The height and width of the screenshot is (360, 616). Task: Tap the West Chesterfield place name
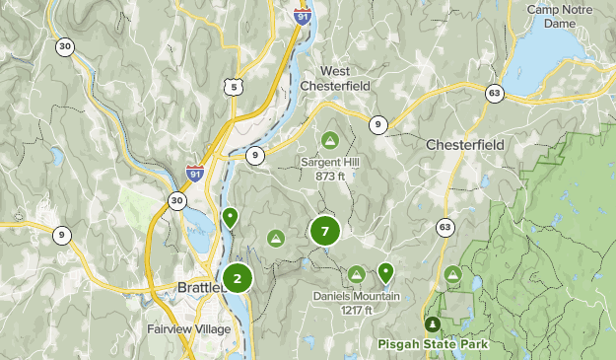pos(347,80)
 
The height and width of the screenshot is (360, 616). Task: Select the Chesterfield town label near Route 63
pos(465,145)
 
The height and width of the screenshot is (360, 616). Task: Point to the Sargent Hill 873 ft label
pos(330,169)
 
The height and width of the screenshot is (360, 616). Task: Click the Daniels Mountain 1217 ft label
pos(357,303)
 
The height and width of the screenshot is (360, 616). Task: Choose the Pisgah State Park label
pos(432,344)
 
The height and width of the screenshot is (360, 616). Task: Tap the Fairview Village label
pos(188,328)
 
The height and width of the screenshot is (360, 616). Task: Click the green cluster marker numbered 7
pos(325,232)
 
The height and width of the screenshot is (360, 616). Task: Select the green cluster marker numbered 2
pos(238,278)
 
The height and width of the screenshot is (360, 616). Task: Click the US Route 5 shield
pos(234,88)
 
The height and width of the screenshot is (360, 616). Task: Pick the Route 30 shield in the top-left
pos(65,46)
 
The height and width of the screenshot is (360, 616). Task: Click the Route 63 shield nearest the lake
pos(494,94)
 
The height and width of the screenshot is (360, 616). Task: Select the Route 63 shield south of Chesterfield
pos(445,228)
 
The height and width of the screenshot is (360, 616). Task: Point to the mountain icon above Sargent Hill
pos(330,138)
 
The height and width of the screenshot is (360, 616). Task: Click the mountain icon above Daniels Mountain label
pos(357,273)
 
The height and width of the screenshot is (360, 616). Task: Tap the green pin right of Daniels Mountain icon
pos(385,271)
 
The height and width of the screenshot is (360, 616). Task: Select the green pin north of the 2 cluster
pos(231,216)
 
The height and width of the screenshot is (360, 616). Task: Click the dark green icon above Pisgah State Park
pos(432,324)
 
